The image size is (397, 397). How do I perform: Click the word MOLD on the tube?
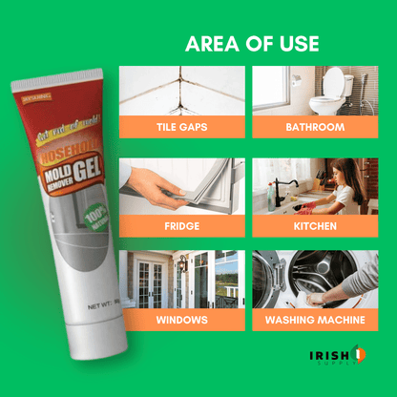coord(52,175)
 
